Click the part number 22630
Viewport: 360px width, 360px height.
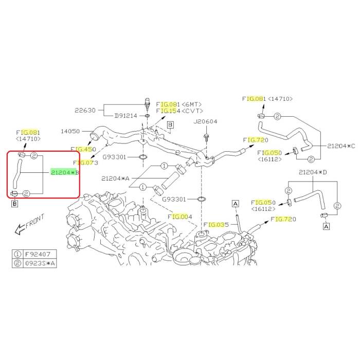[85, 110]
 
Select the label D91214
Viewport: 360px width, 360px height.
[125, 116]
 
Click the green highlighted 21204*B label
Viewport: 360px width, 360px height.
[65, 173]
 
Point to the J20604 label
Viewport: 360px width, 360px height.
[206, 122]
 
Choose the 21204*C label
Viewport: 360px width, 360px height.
[341, 147]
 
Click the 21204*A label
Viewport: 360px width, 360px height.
[116, 178]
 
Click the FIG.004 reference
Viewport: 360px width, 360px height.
[180, 217]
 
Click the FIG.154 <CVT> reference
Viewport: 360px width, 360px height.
[179, 111]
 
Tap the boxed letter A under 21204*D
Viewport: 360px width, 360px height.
[326, 225]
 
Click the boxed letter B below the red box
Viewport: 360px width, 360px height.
[14, 205]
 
